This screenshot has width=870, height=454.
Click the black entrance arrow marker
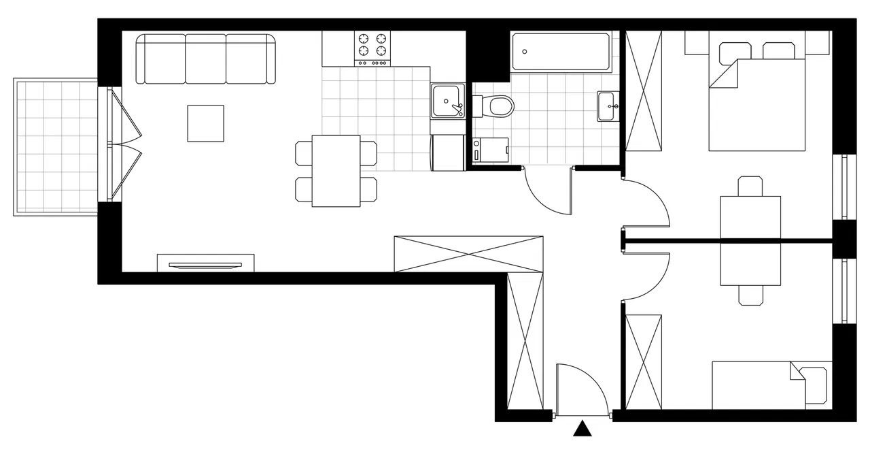[582, 429]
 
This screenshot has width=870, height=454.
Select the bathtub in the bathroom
[561, 52]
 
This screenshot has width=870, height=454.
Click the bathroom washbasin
[607, 106]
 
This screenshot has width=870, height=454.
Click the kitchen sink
[447, 101]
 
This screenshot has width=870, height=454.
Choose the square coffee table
[206, 123]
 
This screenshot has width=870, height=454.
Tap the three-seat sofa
[205, 59]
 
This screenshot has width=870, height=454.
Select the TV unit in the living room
[205, 263]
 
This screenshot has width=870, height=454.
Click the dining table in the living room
[336, 170]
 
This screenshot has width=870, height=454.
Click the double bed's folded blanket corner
[724, 74]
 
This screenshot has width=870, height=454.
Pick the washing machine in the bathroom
[491, 150]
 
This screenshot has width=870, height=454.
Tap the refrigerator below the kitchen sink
[447, 152]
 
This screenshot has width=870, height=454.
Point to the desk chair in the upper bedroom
[750, 186]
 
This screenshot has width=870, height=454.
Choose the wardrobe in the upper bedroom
[643, 91]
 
